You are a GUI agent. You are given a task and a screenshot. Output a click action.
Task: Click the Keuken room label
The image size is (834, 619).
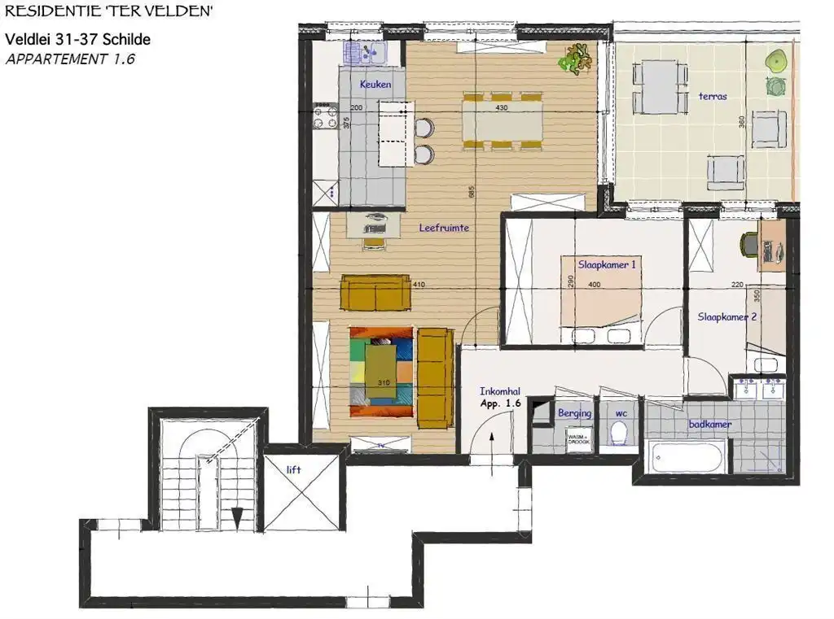(x=375, y=85)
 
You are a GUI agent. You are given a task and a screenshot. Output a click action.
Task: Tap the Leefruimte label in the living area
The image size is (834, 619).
(x=444, y=229)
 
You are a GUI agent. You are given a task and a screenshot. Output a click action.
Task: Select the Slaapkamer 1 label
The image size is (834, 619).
(x=607, y=265)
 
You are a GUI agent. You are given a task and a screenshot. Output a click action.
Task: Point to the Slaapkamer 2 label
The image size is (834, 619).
(x=727, y=318)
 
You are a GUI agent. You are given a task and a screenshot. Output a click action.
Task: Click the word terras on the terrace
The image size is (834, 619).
(x=713, y=96)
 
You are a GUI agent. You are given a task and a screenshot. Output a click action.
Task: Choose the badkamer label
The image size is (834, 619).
(x=710, y=425)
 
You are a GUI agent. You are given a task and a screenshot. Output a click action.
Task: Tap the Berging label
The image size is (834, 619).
(x=574, y=413)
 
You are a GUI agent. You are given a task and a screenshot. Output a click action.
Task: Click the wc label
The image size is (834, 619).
(x=621, y=413)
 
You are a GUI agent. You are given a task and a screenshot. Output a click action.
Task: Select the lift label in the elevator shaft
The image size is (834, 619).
(x=293, y=469)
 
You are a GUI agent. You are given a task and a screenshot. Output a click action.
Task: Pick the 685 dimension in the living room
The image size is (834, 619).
(x=472, y=192)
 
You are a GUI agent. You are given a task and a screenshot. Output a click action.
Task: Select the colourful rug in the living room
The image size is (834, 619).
(x=382, y=365)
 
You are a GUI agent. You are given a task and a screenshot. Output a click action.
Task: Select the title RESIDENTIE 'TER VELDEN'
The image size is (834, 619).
(x=109, y=11)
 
